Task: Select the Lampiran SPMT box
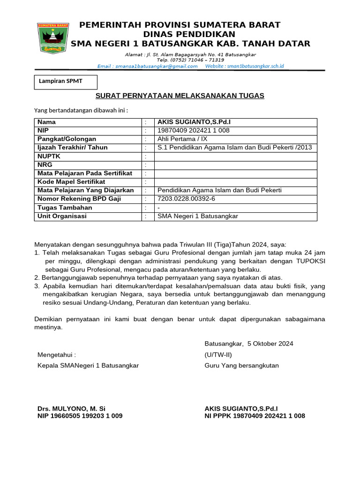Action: (x=66, y=82)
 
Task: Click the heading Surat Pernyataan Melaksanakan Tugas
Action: (x=180, y=96)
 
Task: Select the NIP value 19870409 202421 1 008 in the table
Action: (x=194, y=130)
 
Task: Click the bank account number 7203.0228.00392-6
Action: (x=187, y=199)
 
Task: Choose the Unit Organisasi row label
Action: (x=62, y=216)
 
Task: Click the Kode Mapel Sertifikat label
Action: (x=71, y=182)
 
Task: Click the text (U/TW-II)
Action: (x=218, y=354)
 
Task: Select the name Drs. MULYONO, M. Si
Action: (x=72, y=409)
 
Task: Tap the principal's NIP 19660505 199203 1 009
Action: (x=80, y=416)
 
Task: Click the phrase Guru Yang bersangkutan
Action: (x=241, y=365)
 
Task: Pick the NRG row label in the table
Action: (x=45, y=165)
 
